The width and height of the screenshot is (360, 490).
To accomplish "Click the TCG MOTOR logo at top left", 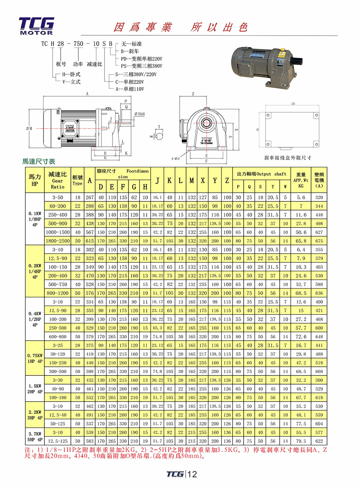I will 36,26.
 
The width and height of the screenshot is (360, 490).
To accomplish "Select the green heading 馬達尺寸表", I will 39,162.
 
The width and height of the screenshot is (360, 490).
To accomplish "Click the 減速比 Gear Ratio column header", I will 58,180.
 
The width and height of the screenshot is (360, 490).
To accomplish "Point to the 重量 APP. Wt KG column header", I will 301,180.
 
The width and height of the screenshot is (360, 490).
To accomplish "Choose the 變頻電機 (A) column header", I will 319,180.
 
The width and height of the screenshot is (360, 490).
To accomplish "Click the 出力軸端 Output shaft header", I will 261,174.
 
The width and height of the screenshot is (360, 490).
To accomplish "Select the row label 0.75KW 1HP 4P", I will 35,358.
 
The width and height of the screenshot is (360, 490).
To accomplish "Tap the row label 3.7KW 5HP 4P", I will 35,437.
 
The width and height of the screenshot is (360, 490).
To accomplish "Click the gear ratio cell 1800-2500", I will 58,241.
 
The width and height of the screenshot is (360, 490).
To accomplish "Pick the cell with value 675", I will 319,241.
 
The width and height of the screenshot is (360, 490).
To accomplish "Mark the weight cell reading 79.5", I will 301,441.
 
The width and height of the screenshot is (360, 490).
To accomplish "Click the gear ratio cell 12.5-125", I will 58,441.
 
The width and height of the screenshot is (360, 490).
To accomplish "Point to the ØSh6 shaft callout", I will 139,114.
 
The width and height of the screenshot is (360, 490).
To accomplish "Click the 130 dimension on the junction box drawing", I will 293,104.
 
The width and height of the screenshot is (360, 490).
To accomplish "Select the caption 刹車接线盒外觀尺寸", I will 288,157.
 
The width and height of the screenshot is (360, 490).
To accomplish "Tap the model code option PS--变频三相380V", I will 141,66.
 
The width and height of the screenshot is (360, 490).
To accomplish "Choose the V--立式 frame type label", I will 71,82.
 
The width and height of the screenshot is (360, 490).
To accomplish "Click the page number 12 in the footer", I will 192,474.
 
